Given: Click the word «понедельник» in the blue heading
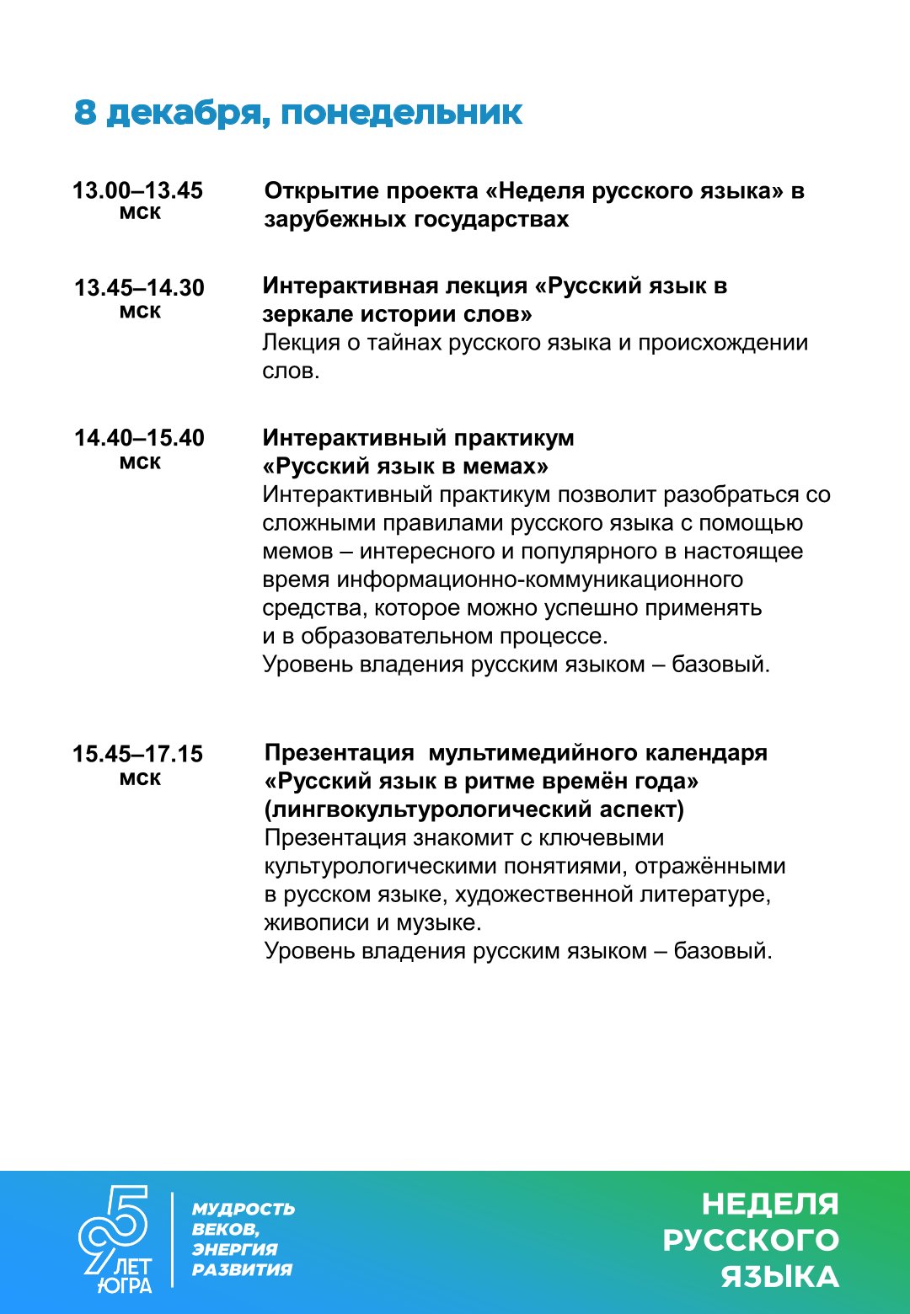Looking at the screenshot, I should tap(401, 113).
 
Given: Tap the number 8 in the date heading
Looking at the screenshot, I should tap(85, 112).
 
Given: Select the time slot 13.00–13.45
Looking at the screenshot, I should tap(137, 190).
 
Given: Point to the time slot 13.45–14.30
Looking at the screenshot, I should tap(139, 288).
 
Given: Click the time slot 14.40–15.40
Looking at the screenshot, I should tap(139, 438).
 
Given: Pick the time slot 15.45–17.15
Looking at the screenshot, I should tap(137, 754).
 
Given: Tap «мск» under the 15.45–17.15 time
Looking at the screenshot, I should tap(140, 778).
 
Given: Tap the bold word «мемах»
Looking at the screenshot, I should tap(505, 467).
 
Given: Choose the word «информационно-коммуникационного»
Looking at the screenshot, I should tap(539, 580).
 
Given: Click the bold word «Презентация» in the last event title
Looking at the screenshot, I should tap(339, 753).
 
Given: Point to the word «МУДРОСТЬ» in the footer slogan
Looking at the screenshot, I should tap(244, 1210).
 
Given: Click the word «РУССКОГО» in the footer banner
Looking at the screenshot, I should tap(751, 1240).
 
